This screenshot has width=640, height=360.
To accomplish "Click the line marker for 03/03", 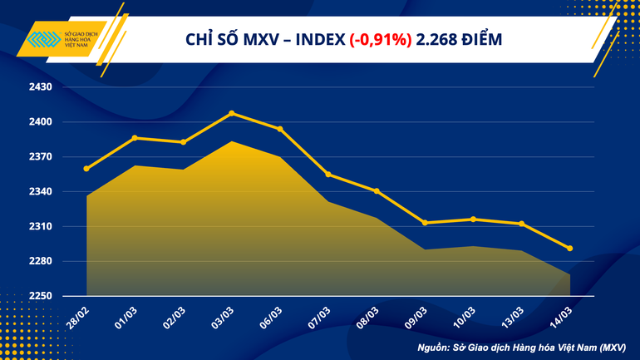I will point(232,113).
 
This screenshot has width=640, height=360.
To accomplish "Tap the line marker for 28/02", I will point(86,169).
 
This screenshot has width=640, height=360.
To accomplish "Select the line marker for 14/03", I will point(569,249).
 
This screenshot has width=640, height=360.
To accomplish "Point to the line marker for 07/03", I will point(328,175).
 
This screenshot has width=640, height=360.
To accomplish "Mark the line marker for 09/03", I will point(425,223).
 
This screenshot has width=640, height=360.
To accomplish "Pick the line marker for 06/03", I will point(280,129).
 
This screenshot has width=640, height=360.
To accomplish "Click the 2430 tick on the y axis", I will point(41,87).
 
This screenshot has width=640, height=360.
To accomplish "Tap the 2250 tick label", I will point(41,297).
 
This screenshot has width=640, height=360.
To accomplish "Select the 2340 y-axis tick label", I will point(41,192).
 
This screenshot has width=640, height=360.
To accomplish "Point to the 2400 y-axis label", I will point(41,122).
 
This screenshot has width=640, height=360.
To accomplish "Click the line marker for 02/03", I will point(183,142).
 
